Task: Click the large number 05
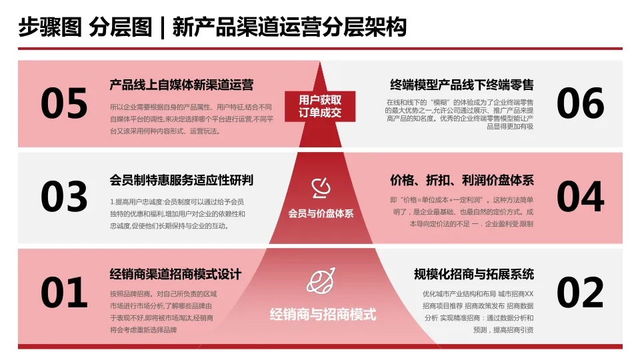click(64, 104)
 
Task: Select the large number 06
click(580, 104)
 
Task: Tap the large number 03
click(64, 197)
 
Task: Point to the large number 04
click(580, 197)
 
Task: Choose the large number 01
click(64, 293)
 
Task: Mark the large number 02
click(580, 293)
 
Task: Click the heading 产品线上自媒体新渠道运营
click(181, 85)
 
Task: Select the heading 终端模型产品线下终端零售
click(461, 85)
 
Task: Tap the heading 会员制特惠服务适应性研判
click(181, 181)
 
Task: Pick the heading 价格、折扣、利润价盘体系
click(461, 181)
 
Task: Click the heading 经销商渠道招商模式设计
click(175, 274)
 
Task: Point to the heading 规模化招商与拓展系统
click(473, 274)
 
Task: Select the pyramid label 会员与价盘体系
click(321, 214)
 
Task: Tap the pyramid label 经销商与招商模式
click(323, 314)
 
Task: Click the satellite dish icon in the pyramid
click(320, 189)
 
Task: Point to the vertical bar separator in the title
click(161, 28)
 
